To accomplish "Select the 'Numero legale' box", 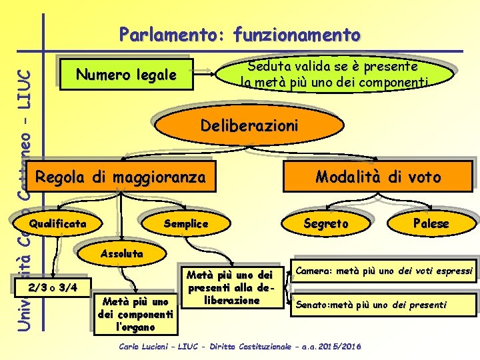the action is (x=126, y=75).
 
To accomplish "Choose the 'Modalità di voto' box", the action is (x=378, y=177).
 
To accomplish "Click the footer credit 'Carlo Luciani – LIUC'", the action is (x=240, y=347).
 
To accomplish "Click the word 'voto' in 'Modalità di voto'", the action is (x=423, y=177).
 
